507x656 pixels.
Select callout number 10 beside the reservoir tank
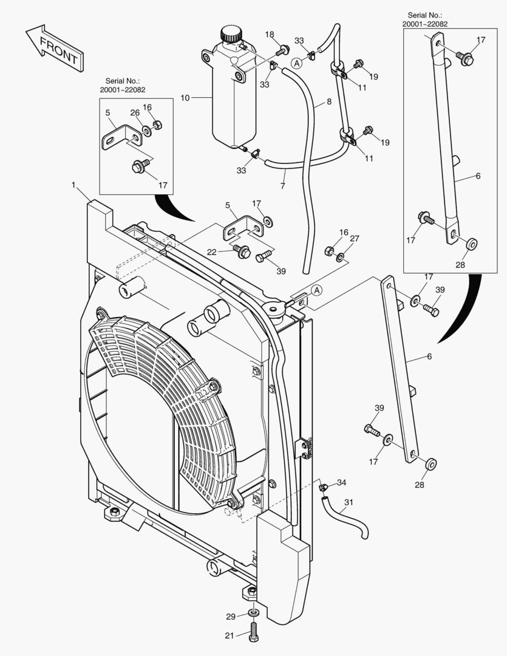[x=185, y=97]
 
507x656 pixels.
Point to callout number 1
[x=73, y=184]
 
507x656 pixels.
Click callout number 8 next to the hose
[x=328, y=102]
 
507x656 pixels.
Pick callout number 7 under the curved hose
[x=282, y=186]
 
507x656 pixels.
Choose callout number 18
[x=270, y=35]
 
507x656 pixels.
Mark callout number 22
[x=211, y=252]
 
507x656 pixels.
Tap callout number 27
[x=355, y=239]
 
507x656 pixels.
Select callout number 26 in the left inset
[x=135, y=112]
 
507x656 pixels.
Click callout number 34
[x=342, y=483]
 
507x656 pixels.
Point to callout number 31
[x=348, y=502]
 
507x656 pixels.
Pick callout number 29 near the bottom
[x=231, y=617]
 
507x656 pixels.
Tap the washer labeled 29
[x=253, y=612]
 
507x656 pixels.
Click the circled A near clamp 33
[x=296, y=63]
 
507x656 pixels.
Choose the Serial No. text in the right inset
[x=425, y=19]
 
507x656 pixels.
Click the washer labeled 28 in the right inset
[x=471, y=244]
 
